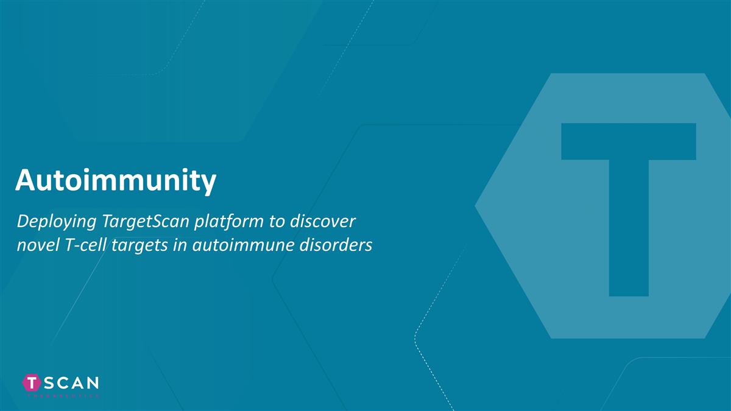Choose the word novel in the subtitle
35,245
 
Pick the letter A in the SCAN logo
77,382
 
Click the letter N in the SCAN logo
91,382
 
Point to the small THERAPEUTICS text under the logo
61,395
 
